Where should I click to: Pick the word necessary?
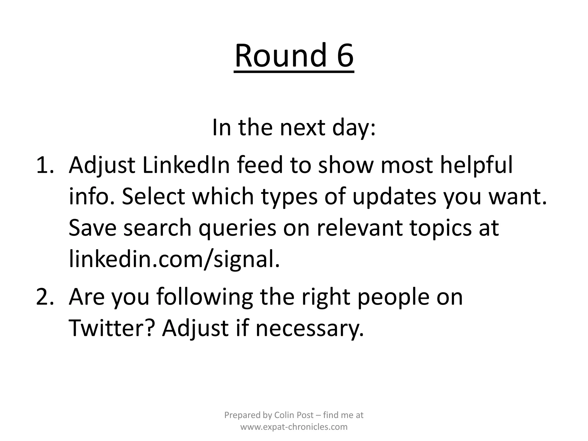click(x=310, y=328)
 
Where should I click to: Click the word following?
click(x=204, y=297)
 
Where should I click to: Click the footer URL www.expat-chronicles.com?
click(x=294, y=427)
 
